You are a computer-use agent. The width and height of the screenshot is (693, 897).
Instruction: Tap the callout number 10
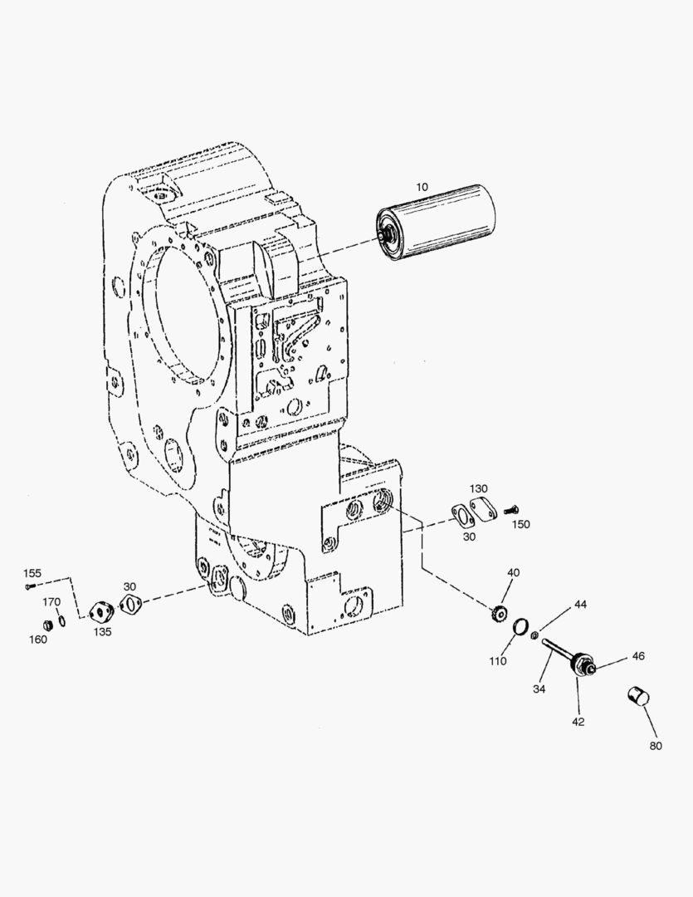tap(422, 187)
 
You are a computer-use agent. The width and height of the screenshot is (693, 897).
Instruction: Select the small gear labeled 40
tap(497, 614)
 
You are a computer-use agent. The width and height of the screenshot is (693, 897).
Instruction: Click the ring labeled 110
tap(520, 627)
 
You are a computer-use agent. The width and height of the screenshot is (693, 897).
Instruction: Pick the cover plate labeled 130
tap(483, 509)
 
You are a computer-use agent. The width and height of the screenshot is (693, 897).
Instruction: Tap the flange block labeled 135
tap(102, 612)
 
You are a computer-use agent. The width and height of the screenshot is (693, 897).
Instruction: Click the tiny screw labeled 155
tap(31, 587)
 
